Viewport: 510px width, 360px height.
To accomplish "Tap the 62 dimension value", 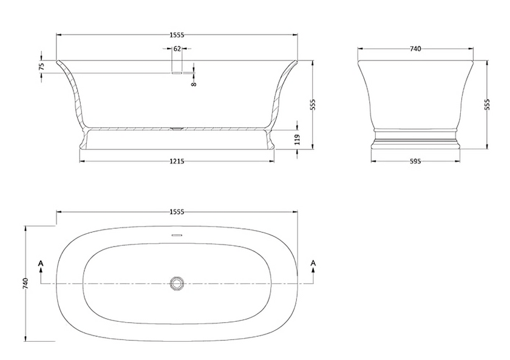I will click(x=177, y=48).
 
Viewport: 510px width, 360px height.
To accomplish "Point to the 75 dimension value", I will click(x=42, y=66).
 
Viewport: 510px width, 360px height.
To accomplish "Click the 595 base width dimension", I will click(x=415, y=161).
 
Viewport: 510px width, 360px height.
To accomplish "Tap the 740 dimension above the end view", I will click(x=415, y=48).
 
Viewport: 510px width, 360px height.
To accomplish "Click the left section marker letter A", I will click(x=41, y=262).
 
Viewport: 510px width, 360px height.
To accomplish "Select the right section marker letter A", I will click(x=313, y=262).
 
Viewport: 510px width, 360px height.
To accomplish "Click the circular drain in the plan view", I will click(x=177, y=283).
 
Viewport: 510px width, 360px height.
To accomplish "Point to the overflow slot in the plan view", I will click(x=177, y=234).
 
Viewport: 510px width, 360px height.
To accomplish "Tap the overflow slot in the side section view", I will click(x=177, y=72).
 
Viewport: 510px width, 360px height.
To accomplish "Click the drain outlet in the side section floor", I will click(x=177, y=128).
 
